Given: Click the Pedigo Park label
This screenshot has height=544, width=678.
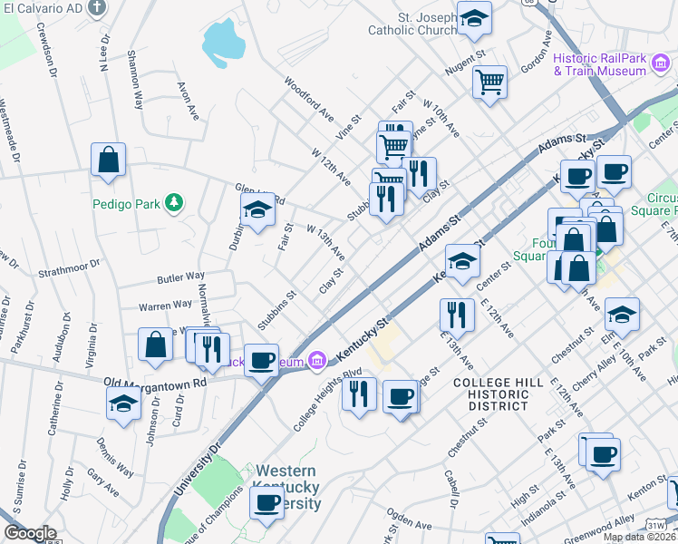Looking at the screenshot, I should coord(126,203).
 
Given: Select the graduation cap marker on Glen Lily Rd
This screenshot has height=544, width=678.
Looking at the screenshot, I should coord(257,210).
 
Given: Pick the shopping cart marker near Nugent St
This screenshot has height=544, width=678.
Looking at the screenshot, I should coord(489,82).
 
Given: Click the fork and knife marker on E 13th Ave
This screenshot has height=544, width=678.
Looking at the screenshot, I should coord(456,315).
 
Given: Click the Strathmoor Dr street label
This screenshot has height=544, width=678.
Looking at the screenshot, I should coord(69,270).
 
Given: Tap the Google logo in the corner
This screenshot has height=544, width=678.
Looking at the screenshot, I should coord(30,533).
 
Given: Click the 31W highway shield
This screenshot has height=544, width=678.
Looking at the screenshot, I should coord(656,525).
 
